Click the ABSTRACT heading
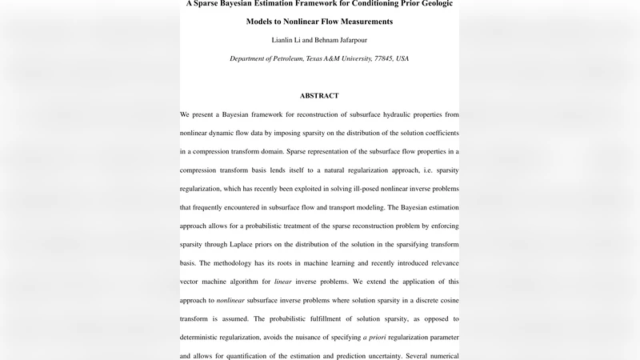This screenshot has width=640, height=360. [x=319, y=96]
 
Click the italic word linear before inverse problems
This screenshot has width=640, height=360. [x=282, y=282]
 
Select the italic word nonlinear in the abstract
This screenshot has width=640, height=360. [x=230, y=300]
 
